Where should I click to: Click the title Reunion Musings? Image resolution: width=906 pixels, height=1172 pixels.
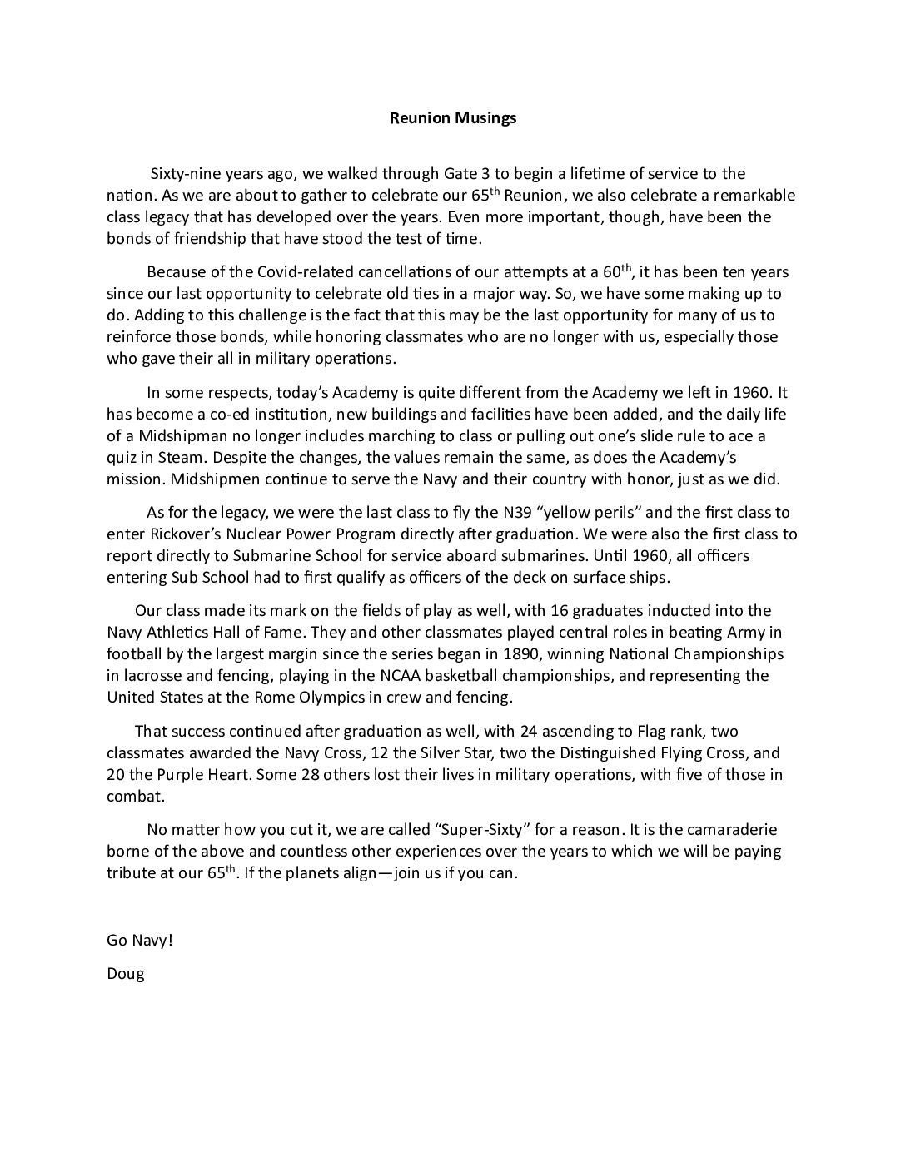(x=453, y=117)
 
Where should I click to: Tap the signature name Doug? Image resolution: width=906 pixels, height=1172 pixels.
(x=126, y=973)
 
